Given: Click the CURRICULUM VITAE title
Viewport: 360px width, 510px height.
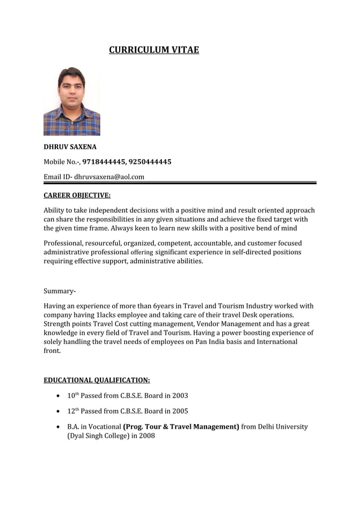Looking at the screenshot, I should click(x=153, y=50).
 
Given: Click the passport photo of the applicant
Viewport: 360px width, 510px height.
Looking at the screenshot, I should click(x=72, y=101).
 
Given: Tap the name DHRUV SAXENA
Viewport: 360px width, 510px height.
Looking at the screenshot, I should click(x=70, y=147).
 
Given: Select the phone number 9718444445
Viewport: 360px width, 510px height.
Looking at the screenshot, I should click(x=103, y=162).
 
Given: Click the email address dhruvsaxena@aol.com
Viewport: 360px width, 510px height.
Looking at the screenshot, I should click(x=109, y=177).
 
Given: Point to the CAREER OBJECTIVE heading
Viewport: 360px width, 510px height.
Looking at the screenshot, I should click(x=77, y=196).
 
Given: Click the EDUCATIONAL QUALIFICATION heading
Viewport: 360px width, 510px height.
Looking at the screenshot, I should click(x=96, y=380).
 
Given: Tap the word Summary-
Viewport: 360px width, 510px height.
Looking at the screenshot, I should click(x=60, y=291).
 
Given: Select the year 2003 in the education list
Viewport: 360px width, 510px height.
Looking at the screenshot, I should click(x=180, y=396).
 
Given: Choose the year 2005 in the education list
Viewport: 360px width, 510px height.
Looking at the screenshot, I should click(x=180, y=411).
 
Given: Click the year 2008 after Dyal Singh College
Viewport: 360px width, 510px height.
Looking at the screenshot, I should click(x=147, y=436).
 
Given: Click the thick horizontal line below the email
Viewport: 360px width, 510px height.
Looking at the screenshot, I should click(x=180, y=183).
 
